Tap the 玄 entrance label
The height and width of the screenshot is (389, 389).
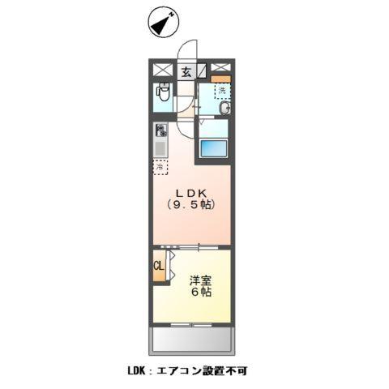186,71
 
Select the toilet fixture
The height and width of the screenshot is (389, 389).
162,95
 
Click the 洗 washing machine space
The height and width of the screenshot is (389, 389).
221,92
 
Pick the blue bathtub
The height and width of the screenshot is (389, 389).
213,148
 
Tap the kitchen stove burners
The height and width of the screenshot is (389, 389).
161,130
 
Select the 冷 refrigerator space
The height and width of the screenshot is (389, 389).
160,168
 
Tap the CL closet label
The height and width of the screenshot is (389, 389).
158,266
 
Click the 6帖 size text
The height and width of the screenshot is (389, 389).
201,293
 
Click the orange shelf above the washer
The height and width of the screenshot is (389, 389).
221,79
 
